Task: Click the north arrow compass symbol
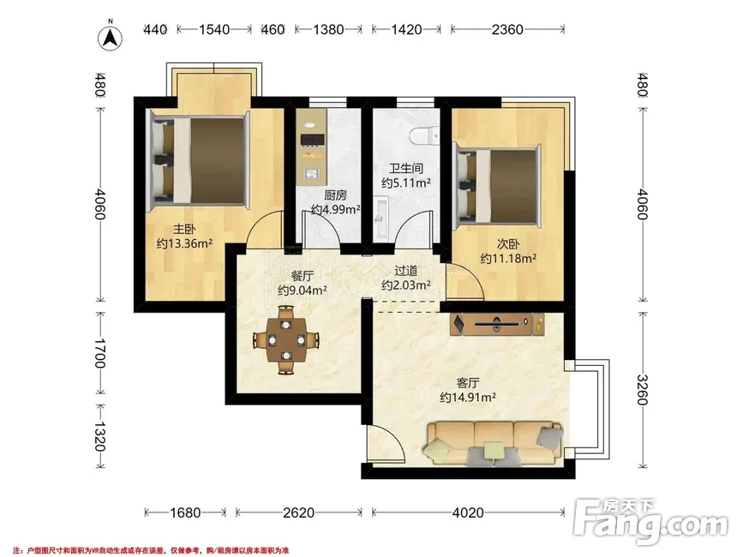(110, 38)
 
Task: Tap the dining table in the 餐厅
(285, 340)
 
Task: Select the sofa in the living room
(494, 443)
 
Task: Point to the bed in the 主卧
(199, 160)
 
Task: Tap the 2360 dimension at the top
(507, 30)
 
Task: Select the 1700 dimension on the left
(100, 353)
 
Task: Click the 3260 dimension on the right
(642, 390)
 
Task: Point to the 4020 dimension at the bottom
(468, 512)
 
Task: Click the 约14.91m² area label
(468, 398)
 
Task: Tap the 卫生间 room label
(405, 168)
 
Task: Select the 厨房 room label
(335, 195)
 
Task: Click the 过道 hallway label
(405, 271)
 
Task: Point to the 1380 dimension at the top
(328, 30)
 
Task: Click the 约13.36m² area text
(184, 243)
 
